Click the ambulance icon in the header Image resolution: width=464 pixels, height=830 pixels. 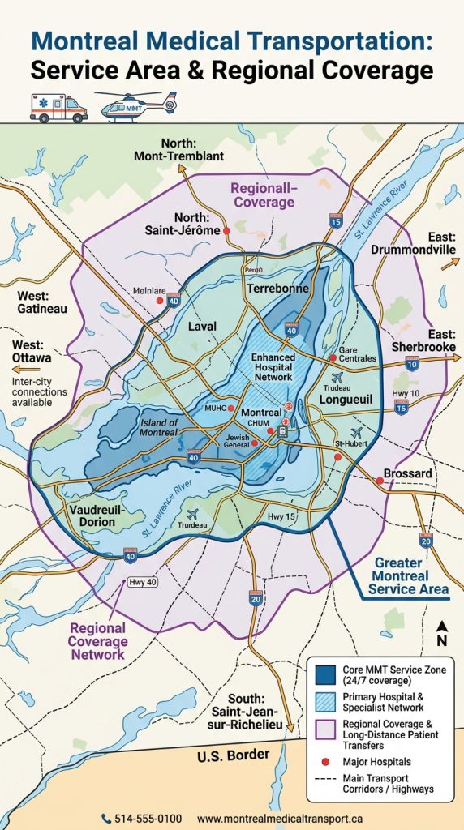[x=58, y=107]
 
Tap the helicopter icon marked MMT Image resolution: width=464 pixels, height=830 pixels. [x=135, y=105]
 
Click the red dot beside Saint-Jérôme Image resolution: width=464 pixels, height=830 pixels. [x=227, y=231]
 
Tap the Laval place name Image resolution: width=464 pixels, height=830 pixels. [x=202, y=326]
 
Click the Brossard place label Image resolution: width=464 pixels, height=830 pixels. [x=407, y=473]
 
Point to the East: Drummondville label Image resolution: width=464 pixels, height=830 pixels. [x=414, y=243]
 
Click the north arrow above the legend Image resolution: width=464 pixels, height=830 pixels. [x=442, y=631]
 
